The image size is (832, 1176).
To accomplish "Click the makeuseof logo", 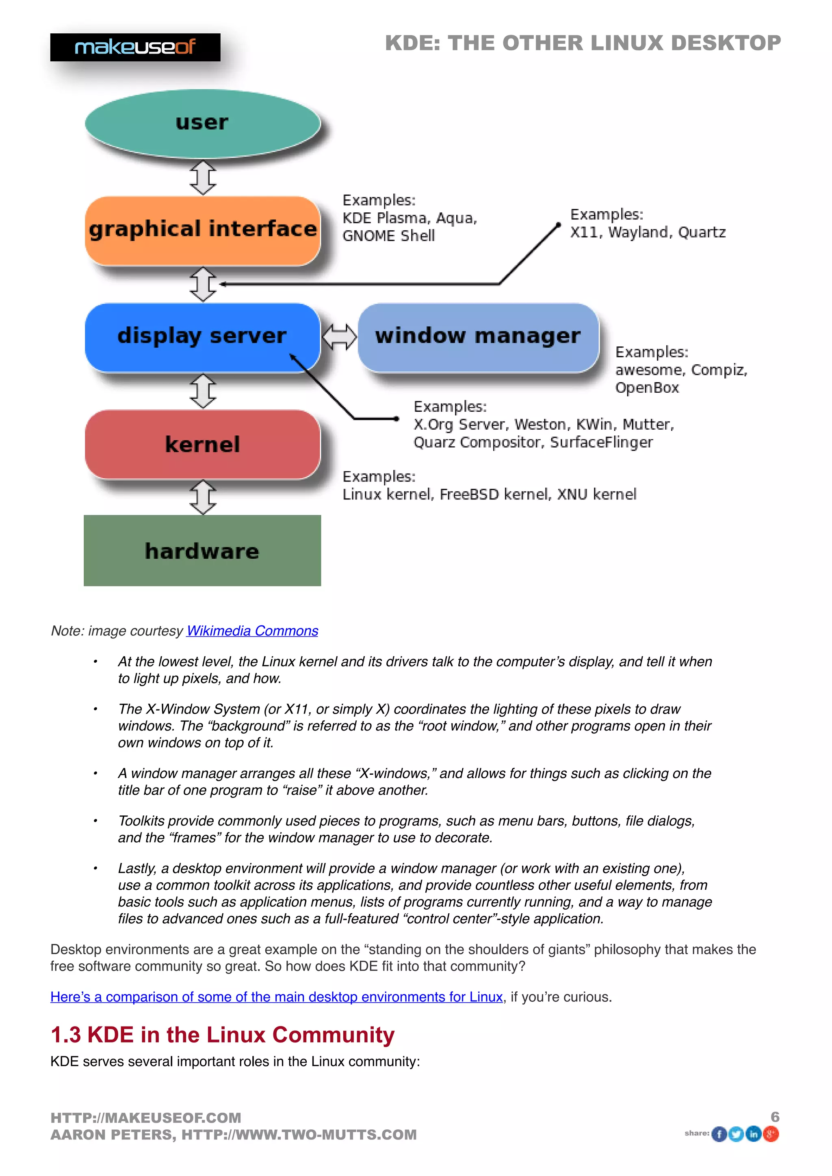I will (135, 47).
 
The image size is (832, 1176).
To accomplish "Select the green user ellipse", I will (202, 123).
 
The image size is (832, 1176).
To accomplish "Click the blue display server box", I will (202, 337).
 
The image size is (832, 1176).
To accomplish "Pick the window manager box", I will (478, 337).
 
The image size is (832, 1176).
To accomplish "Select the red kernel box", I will (202, 444).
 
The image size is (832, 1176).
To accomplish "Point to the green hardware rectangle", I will (202, 551).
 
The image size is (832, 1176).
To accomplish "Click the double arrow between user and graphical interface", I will (203, 178).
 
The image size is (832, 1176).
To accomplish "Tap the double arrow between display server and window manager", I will (339, 337).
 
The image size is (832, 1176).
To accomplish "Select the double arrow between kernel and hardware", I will (203, 497).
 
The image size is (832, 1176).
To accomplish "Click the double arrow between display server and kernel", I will (203, 391).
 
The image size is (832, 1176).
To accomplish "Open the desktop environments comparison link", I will (276, 997).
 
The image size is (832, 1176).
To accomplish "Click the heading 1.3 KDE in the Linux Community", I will (222, 1035).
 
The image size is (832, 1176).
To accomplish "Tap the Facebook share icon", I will (719, 1134).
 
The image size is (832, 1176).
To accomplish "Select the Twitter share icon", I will (736, 1134).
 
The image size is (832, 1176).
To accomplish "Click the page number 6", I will (775, 1117).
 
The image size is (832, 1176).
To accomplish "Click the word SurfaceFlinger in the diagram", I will (602, 442).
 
